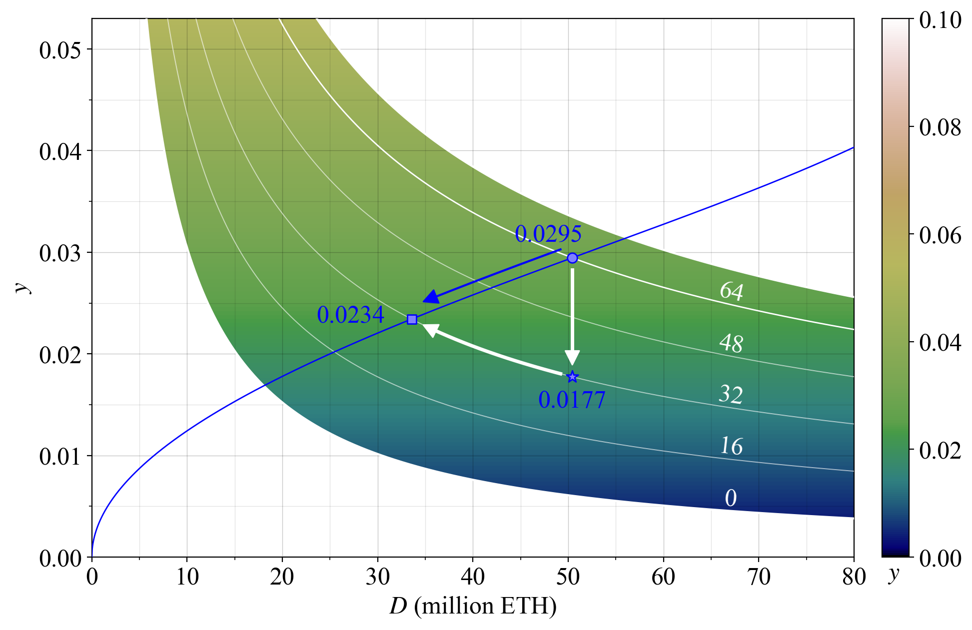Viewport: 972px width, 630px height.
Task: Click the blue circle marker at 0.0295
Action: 572,258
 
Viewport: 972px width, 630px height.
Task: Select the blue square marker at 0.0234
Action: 412,319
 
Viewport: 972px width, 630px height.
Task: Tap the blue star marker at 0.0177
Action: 572,376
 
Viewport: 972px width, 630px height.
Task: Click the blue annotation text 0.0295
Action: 548,234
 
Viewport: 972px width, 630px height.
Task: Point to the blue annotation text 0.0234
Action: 350,315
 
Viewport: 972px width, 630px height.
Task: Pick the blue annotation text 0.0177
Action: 572,400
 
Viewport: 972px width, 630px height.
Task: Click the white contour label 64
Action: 731,291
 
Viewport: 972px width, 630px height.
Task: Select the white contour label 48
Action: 731,343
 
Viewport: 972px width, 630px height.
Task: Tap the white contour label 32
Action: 731,394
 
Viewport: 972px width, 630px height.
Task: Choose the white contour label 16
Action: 731,446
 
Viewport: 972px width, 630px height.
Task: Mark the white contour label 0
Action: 731,498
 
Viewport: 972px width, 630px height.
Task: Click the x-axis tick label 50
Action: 568,577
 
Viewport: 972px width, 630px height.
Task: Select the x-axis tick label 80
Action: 854,577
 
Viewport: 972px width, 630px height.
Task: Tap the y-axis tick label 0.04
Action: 60,151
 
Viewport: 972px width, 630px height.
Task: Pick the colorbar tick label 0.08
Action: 940,127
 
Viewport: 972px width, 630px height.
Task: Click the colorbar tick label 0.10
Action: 940,20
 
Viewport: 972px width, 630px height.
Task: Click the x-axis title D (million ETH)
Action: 473,606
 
